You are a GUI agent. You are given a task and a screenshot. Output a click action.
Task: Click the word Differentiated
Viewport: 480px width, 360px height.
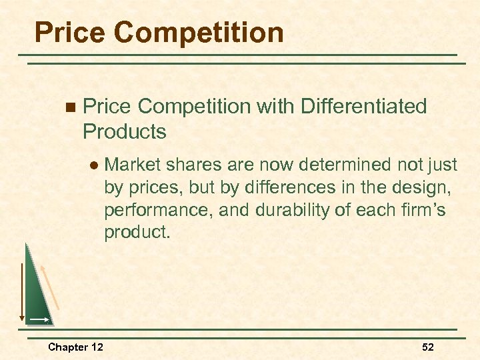click(x=364, y=106)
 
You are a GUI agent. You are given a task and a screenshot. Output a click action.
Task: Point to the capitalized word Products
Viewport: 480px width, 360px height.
click(x=125, y=131)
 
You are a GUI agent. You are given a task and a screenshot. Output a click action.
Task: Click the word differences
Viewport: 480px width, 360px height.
click(x=295, y=187)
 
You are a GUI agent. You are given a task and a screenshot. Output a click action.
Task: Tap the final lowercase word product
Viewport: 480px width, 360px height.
click(x=132, y=233)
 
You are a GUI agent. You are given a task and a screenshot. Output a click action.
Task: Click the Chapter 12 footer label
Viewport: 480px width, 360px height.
click(x=75, y=347)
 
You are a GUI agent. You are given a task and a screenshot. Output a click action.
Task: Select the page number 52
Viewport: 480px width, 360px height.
click(x=428, y=347)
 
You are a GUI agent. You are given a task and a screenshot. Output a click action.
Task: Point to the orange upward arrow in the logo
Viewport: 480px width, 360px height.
click(x=51, y=287)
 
